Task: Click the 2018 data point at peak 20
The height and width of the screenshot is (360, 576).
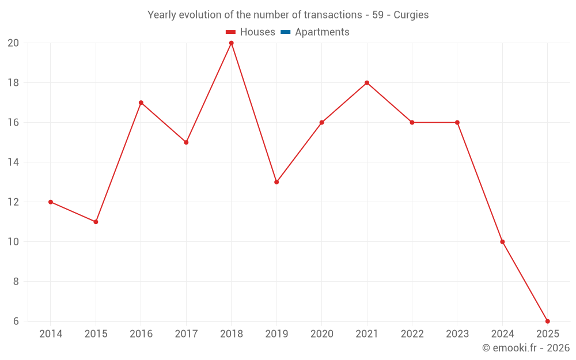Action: coord(231,43)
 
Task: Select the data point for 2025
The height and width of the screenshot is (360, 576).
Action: coord(547,321)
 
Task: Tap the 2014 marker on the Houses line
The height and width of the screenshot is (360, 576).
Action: coord(51,202)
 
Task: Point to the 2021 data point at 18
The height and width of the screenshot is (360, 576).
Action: coord(367,83)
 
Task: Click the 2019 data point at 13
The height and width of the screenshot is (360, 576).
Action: coord(276,182)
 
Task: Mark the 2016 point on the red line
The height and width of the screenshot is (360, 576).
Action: coord(141,103)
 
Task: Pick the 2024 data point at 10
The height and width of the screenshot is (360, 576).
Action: coord(502,242)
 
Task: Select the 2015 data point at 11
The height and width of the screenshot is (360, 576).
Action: coord(96,222)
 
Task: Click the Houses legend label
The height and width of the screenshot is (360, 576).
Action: coord(257,32)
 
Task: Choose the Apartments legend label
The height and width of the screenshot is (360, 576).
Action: coord(322,32)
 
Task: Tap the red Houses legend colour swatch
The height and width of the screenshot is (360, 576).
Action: coord(231,32)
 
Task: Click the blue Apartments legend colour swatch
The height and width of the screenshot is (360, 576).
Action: coord(285,32)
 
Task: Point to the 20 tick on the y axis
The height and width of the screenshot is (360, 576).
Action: coord(13,43)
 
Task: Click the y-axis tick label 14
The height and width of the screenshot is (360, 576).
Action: coord(13,162)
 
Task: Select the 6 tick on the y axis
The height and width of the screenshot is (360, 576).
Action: coord(16,321)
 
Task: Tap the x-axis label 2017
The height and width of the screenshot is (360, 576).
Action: coord(186,334)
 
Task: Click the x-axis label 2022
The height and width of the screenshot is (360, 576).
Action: coord(412,334)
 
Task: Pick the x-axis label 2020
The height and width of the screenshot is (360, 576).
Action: coord(321,334)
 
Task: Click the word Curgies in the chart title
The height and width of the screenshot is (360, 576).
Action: coord(411,15)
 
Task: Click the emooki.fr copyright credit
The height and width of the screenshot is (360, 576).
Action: coord(526,348)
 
